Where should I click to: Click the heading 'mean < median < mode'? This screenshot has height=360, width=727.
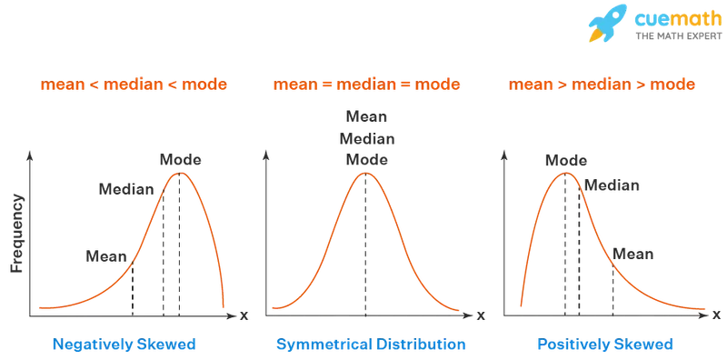133,86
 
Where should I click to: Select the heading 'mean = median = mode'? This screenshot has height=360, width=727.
365,86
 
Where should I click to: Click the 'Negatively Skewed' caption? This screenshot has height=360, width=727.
125,345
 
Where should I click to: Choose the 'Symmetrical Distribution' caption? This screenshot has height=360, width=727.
369,345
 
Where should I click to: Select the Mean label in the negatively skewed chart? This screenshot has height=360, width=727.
101,256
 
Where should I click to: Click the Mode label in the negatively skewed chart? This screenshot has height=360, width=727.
177,159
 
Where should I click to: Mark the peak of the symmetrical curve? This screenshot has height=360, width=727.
366,172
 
